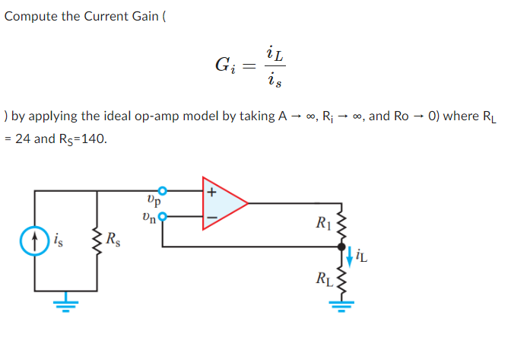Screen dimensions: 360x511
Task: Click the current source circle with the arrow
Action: click(x=34, y=246)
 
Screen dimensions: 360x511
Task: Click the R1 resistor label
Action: click(x=322, y=223)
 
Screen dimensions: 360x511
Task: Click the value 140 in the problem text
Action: click(x=97, y=139)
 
